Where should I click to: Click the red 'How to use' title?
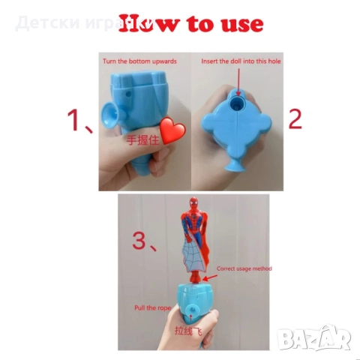(x=191, y=23)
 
